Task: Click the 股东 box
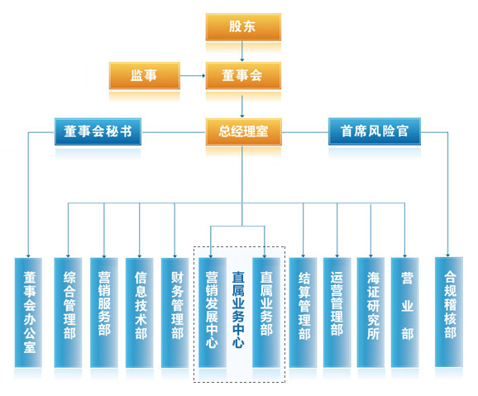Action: point(243,26)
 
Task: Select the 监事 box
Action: point(145,75)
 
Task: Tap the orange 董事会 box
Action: point(243,75)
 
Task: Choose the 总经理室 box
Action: point(244,131)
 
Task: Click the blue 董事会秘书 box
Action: point(98,131)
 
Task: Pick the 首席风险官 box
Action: point(375,131)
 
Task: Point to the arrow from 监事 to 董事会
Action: point(193,75)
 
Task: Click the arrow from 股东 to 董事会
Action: point(242,51)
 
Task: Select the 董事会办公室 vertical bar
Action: point(28,313)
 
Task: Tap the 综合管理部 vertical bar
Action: point(68,313)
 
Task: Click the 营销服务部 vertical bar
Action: point(104,313)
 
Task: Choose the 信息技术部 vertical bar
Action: point(139,313)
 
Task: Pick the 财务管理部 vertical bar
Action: point(174,313)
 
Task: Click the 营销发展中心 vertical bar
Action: point(213,313)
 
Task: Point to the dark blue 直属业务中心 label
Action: point(238,309)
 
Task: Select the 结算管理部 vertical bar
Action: point(303,313)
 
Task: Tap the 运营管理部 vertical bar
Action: point(337,313)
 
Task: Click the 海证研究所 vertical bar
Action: point(370,313)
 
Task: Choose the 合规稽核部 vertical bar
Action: point(449,312)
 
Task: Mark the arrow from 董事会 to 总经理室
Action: point(242,107)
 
